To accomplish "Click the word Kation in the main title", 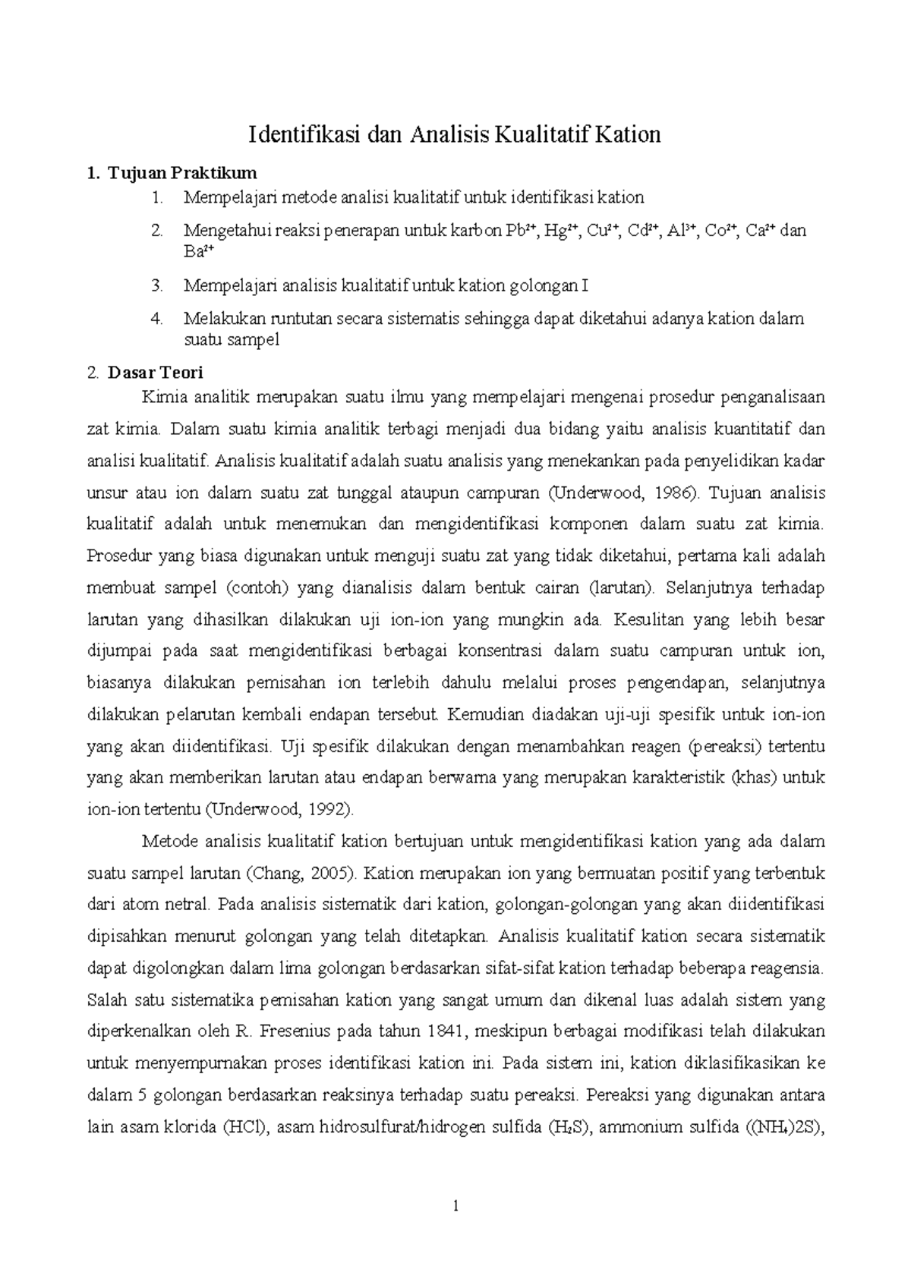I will tap(628, 135).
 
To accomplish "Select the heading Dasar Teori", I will tap(155, 373).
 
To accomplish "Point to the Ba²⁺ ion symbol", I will tap(200, 251).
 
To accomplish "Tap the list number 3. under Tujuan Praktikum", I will tap(157, 285).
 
